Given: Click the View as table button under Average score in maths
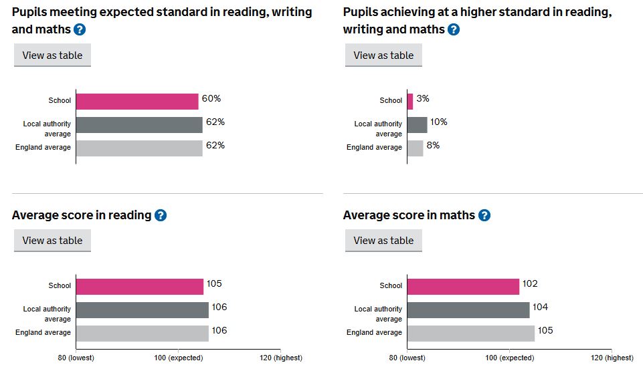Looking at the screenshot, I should click(x=383, y=241).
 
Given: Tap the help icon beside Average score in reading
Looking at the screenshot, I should click(x=161, y=215).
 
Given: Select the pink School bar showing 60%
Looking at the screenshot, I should click(x=137, y=102).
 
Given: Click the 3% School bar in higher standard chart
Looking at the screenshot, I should click(x=409, y=102).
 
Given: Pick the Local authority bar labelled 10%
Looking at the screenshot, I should click(x=417, y=125).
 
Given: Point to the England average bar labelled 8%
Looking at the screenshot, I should click(x=415, y=148).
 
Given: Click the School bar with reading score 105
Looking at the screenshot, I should click(x=139, y=287).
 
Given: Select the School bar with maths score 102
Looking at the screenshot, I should click(x=463, y=287).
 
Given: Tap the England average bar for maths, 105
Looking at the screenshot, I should click(x=470, y=333).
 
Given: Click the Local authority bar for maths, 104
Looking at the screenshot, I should click(x=468, y=310).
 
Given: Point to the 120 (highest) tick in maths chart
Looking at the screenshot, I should click(x=612, y=358).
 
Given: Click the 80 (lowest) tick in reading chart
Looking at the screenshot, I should click(x=76, y=358).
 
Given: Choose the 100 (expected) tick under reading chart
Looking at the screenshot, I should click(x=178, y=358).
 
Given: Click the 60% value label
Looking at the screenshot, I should click(x=211, y=99).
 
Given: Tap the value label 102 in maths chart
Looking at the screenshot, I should click(x=530, y=284).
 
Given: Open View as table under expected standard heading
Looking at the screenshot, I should click(x=52, y=55).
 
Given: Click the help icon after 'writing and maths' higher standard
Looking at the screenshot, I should click(x=454, y=29).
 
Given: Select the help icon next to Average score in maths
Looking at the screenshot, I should click(x=484, y=215).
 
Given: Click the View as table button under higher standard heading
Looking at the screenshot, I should click(x=383, y=55).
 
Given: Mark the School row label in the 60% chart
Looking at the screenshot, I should click(x=60, y=101).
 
